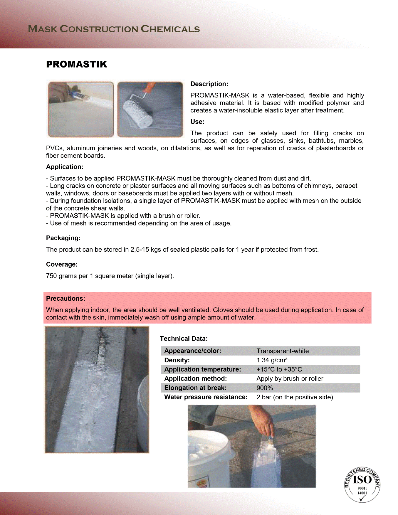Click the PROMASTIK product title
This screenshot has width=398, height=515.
[x=76, y=64]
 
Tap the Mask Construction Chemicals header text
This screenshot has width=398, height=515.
[x=114, y=29]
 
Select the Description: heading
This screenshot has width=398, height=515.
[x=209, y=84]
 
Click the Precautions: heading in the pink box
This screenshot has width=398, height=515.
[x=66, y=299]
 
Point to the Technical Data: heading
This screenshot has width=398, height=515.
[x=184, y=339]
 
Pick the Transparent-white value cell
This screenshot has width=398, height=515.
[x=283, y=351]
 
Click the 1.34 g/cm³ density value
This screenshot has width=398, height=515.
[x=272, y=360]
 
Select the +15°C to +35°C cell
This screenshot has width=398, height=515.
[x=279, y=370]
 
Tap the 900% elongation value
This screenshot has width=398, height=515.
[x=264, y=388]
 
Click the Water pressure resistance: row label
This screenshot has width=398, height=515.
[x=206, y=397]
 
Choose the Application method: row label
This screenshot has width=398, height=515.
[x=196, y=379]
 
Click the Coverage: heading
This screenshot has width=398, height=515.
[x=62, y=265]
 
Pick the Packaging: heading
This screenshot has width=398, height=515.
[x=63, y=238]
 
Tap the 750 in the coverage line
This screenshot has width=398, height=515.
[x=51, y=276]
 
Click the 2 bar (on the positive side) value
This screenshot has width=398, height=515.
[x=295, y=397]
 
